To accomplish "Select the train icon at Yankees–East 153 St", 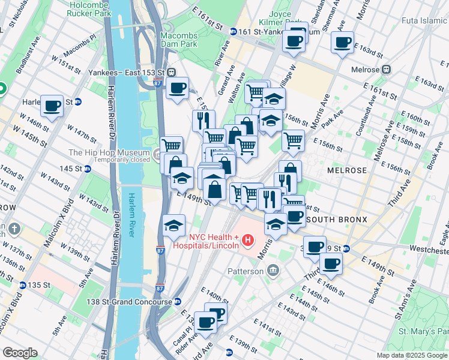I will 172,71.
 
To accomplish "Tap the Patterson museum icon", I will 274,270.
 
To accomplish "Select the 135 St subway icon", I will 23,285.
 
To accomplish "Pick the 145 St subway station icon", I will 88,169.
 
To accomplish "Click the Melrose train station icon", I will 387,69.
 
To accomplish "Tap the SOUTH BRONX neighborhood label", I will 336,220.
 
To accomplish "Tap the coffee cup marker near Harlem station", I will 52,106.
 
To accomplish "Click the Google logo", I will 20,353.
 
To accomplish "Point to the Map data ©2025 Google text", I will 411,355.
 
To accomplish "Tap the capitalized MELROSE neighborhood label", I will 346,170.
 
